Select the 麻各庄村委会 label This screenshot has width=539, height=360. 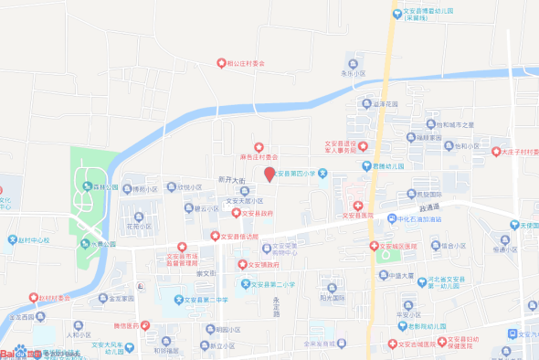tap(259, 156)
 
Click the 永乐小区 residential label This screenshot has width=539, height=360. tap(353, 72)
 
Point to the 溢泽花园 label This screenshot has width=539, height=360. tap(387, 104)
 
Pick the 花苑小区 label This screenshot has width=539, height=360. tap(138, 226)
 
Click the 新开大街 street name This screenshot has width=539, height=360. tap(233, 180)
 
